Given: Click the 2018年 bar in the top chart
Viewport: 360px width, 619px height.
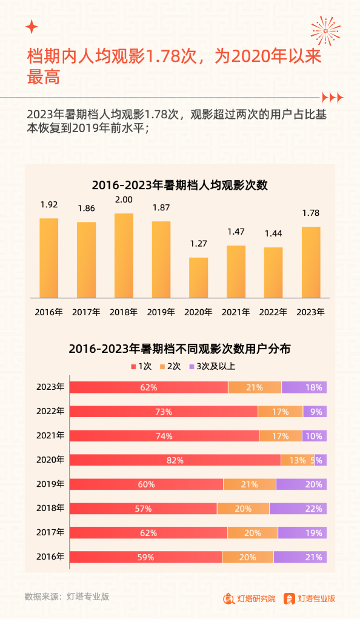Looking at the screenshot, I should click(124, 255).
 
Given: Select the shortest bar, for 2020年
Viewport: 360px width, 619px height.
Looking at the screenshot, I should click(198, 278).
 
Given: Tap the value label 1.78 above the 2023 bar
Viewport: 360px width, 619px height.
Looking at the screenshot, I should click(310, 213).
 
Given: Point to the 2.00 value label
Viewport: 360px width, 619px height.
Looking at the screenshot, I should click(124, 199).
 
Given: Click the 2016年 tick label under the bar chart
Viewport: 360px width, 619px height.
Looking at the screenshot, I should click(48, 312).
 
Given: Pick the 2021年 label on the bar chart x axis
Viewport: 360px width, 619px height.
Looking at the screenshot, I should click(236, 312).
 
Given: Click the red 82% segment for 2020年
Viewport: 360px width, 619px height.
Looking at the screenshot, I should click(175, 460).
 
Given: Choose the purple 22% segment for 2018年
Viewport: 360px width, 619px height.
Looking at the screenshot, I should click(298, 509).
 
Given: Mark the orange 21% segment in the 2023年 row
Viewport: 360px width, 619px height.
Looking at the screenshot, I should click(255, 387).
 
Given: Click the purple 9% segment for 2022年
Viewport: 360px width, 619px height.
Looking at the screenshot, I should click(315, 412).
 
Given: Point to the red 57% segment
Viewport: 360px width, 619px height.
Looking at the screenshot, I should click(143, 509).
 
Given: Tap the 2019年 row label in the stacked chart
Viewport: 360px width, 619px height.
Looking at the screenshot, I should click(50, 484).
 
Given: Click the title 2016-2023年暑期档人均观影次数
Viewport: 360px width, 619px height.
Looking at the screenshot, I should click(179, 185).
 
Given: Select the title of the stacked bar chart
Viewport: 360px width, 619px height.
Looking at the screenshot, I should click(179, 349).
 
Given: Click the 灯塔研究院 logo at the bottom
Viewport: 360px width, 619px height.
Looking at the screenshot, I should click(249, 598).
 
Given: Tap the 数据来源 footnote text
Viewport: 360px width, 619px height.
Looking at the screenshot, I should click(67, 597).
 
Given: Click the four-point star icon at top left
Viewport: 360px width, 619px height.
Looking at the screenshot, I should click(32, 27).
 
